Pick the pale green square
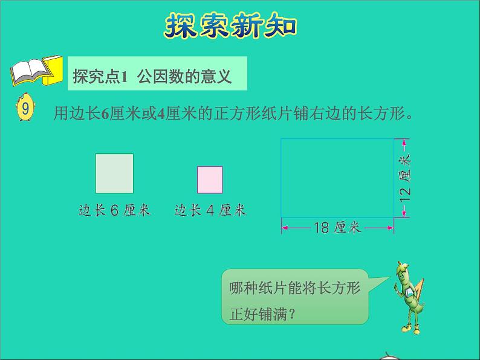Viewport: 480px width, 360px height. (x=114, y=173)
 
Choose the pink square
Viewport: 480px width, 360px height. (x=210, y=179)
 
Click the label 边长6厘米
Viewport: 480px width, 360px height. (x=114, y=210)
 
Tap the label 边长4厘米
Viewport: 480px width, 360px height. (x=210, y=210)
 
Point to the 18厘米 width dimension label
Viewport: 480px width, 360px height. (x=337, y=228)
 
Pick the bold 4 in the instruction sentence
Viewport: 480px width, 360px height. (x=161, y=113)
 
